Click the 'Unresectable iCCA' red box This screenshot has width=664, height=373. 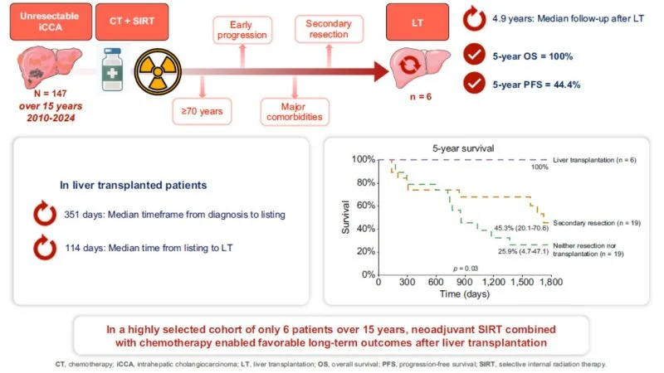coord(51,22)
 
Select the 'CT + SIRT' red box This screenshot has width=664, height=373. coord(132,22)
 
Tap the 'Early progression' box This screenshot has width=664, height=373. coord(242,30)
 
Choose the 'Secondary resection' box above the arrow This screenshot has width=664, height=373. coord(329,29)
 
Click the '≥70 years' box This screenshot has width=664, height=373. coord(202,111)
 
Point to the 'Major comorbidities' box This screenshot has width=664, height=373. coord(295,112)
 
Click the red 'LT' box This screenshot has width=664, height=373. coord(417,22)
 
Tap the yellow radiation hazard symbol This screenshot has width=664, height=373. coord(158,71)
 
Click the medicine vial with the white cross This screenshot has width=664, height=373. coord(113,70)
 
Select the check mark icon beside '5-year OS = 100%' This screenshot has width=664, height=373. coord(474,55)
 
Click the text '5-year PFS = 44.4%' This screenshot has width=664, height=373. coord(536,85)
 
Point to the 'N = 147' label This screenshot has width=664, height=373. coord(51,94)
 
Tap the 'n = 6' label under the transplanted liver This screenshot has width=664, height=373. coord(421,97)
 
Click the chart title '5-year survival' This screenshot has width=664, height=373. coord(463,148)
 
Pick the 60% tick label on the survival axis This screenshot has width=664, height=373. coord(366,206)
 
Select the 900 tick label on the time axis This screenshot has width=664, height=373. coord(464,282)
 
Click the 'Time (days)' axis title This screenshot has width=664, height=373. coord(465,294)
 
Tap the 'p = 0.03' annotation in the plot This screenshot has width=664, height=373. coord(466,269)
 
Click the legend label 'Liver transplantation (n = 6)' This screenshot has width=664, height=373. coord(594,160)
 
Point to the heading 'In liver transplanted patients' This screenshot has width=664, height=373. coord(134,185)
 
